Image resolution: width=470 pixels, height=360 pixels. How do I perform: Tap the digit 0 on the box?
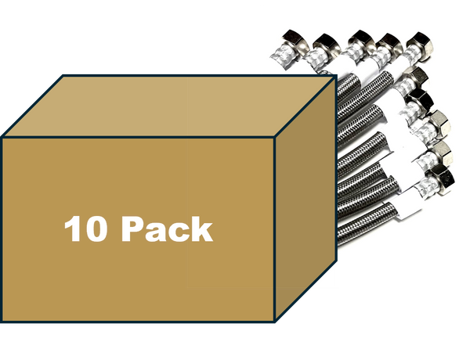click(95, 229)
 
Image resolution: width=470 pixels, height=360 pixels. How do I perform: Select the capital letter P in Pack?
click(132, 229)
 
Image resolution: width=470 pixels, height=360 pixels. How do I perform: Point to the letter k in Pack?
click(202, 229)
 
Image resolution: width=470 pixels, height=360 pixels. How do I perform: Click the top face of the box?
click(169, 106)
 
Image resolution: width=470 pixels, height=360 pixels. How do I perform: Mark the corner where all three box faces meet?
click(275, 138)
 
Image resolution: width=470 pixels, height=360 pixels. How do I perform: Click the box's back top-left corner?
click(63, 75)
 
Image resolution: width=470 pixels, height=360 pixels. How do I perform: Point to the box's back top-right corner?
click(336, 76)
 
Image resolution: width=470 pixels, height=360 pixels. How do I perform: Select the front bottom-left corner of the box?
click(2, 322)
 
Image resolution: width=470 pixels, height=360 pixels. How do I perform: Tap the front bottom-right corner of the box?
click(275, 322)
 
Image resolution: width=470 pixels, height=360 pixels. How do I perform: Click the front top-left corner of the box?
click(2, 138)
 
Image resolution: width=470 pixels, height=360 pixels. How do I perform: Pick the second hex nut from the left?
click(326, 43)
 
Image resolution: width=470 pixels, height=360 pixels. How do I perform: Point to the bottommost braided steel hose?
click(367, 221)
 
